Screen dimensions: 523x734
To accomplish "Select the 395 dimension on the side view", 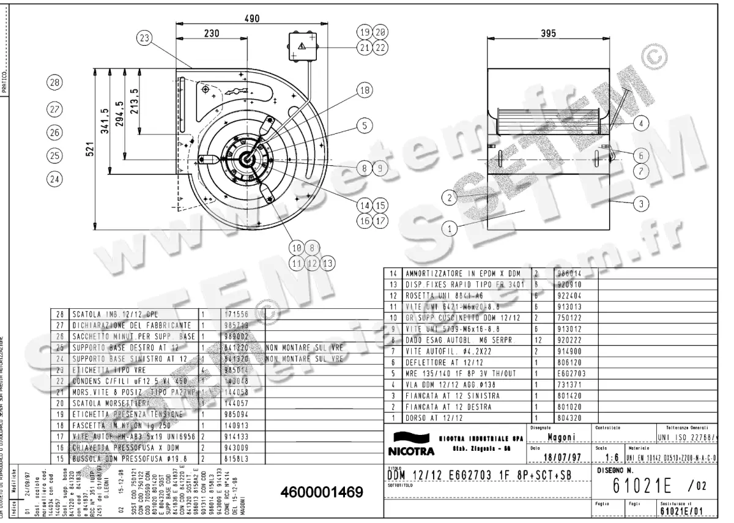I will [x=548, y=34].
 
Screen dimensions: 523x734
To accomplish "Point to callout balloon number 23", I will [x=144, y=38].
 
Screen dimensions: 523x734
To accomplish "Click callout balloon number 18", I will [x=365, y=91].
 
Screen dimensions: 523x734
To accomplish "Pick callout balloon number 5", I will [x=365, y=126].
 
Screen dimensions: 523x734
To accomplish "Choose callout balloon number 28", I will [x=55, y=83].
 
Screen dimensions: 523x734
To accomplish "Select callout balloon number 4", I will [x=640, y=124].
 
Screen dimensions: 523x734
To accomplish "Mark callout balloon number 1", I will [x=450, y=229].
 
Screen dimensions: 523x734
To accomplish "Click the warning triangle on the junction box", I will [x=302, y=46].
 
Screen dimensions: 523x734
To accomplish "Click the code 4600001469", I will [x=322, y=492].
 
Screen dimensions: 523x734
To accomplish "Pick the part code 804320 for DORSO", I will [x=568, y=418].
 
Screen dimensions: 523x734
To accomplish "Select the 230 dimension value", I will [x=212, y=34].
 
